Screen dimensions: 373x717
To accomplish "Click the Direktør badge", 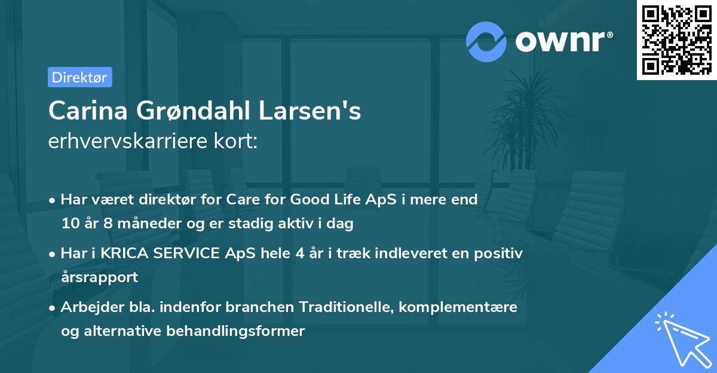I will pyautogui.click(x=79, y=77).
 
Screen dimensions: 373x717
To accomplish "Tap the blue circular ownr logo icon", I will pyautogui.click(x=486, y=41).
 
